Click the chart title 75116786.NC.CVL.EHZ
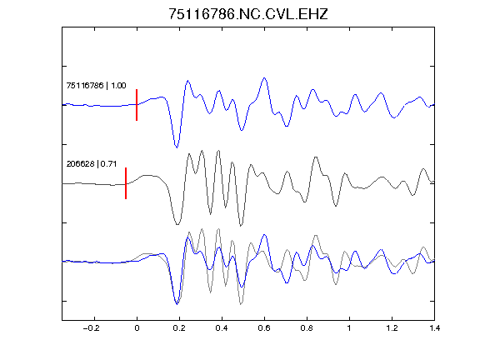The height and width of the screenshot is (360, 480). pos(248,14)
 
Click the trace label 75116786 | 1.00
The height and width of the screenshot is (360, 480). pos(96,85)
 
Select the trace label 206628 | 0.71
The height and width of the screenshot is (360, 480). pos(92,164)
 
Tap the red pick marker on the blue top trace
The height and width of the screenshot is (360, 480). pos(137,105)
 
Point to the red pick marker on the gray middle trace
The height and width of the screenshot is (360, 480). pos(126,183)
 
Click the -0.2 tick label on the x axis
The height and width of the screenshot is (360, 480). pos(91,328)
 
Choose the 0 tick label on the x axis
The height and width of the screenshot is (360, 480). pos(137,328)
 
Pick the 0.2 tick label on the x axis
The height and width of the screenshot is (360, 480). pos(179,328)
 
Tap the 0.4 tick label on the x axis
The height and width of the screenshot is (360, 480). pos(222,328)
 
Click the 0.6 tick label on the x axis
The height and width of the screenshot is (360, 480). pos(264,328)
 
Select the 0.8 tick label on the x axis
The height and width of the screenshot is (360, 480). pos(307,328)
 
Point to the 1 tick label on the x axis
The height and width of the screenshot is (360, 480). pos(349,328)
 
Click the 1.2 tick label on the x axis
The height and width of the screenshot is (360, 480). pos(392,328)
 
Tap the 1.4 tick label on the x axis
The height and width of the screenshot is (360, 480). pos(434,328)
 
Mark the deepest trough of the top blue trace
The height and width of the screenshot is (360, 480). pos(177,147)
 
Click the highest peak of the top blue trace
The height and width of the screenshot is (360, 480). pos(264,78)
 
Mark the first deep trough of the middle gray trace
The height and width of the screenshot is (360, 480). pos(177,224)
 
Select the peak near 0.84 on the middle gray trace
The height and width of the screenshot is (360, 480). pos(316,157)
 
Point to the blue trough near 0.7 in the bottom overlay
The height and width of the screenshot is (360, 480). pos(287,282)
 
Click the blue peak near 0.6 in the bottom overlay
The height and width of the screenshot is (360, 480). pos(264,235)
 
